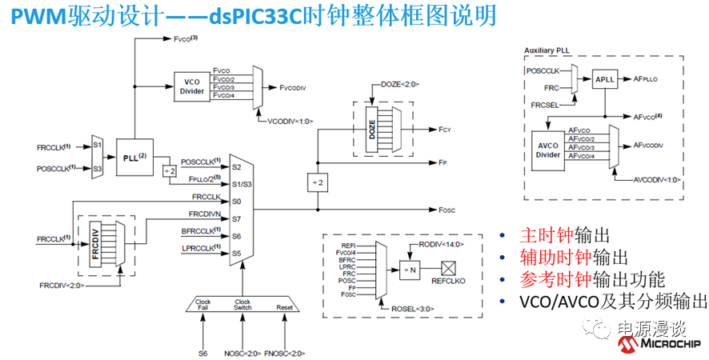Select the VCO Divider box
pyautogui.click(x=192, y=86)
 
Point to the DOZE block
pyautogui.click(x=371, y=131)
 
